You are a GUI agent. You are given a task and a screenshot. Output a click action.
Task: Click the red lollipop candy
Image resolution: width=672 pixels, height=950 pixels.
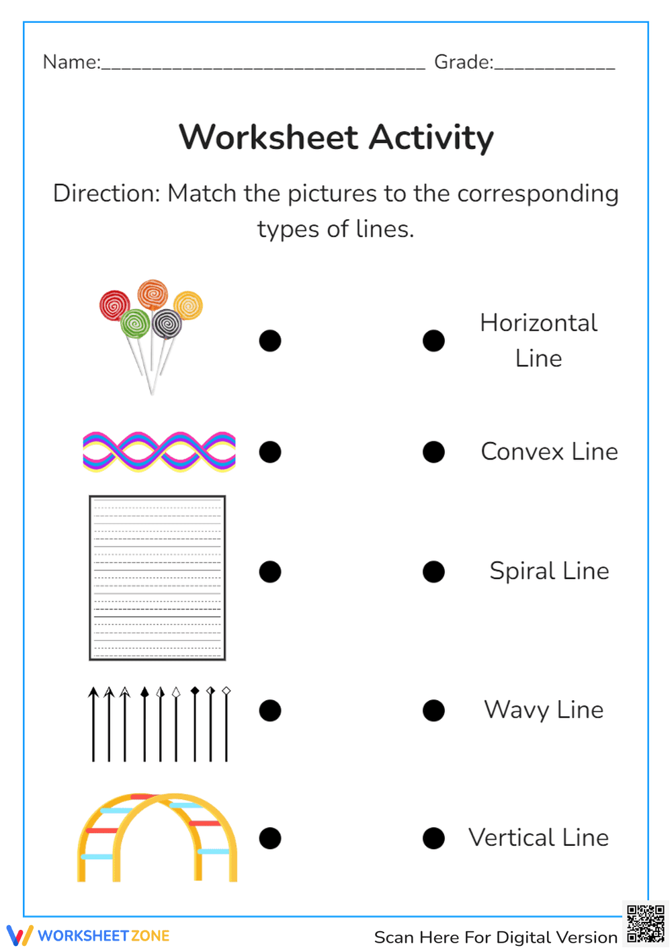point(114,306)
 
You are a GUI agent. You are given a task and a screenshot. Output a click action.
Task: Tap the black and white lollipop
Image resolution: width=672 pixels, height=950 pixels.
point(167,325)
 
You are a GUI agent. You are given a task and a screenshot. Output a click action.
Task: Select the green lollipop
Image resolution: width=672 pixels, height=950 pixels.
point(135,324)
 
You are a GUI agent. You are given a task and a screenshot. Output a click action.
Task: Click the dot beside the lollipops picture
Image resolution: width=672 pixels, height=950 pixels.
point(270,341)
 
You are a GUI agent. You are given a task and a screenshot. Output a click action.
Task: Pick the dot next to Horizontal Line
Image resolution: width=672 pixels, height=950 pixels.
point(433,341)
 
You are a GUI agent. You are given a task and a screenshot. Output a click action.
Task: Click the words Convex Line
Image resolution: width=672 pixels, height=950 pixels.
point(549,451)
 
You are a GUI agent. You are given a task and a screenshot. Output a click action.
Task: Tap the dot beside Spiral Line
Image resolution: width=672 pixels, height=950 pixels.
point(433,572)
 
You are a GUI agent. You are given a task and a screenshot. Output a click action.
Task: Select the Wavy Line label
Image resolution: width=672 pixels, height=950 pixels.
point(544,709)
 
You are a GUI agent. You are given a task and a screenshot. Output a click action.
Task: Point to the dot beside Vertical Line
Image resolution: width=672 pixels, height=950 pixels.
point(433,838)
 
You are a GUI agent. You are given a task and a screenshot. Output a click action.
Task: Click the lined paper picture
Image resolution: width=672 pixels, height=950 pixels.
point(157,578)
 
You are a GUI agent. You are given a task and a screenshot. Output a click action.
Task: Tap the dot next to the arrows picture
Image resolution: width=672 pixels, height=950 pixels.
point(270,710)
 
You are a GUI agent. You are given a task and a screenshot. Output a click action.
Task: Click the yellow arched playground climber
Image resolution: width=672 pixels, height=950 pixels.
point(157,836)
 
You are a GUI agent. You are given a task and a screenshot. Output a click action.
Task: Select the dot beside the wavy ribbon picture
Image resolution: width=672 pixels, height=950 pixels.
point(270,451)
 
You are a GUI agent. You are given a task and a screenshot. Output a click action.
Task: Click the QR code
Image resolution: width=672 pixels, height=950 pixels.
point(645,924)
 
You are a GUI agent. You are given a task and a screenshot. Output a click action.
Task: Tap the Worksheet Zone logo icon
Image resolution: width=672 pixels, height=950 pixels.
point(19,935)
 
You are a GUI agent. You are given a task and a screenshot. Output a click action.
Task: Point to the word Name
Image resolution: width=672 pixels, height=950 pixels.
point(71,62)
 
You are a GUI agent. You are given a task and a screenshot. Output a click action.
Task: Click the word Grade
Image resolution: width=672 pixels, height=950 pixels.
point(462,62)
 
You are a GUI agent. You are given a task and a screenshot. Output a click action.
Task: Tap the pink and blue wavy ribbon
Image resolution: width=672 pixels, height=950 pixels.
point(159,451)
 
